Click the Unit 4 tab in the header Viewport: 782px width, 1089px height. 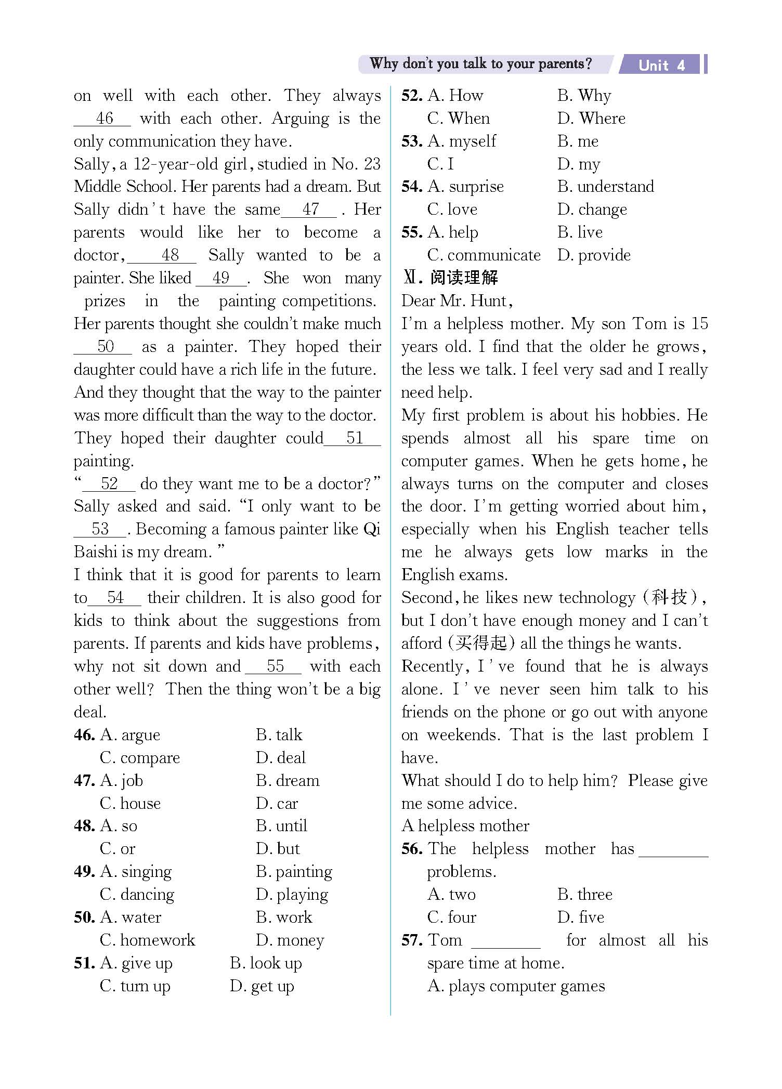coord(661,65)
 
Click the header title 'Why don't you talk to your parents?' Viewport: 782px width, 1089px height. coord(480,64)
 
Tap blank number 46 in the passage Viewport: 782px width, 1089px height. coord(104,119)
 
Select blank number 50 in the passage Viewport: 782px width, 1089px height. coord(105,347)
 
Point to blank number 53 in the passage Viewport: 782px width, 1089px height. coord(100,529)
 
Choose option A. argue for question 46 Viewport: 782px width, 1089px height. coord(130,735)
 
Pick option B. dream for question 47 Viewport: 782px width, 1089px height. coord(288,781)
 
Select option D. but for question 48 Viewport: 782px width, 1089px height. coord(278,849)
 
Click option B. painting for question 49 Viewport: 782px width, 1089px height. coord(294,872)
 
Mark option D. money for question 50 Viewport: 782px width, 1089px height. coord(290,940)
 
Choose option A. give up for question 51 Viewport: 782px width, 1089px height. coord(136,963)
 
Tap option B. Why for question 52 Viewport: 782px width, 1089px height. coord(584,96)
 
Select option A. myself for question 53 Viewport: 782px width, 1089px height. coord(462,141)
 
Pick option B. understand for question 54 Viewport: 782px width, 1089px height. coord(605,187)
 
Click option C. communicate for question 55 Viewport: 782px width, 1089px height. coord(484,255)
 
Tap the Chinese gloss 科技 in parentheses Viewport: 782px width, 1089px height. coord(670,597)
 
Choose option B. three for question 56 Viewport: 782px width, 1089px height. coord(585,895)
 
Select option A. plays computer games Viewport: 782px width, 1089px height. coord(516,986)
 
